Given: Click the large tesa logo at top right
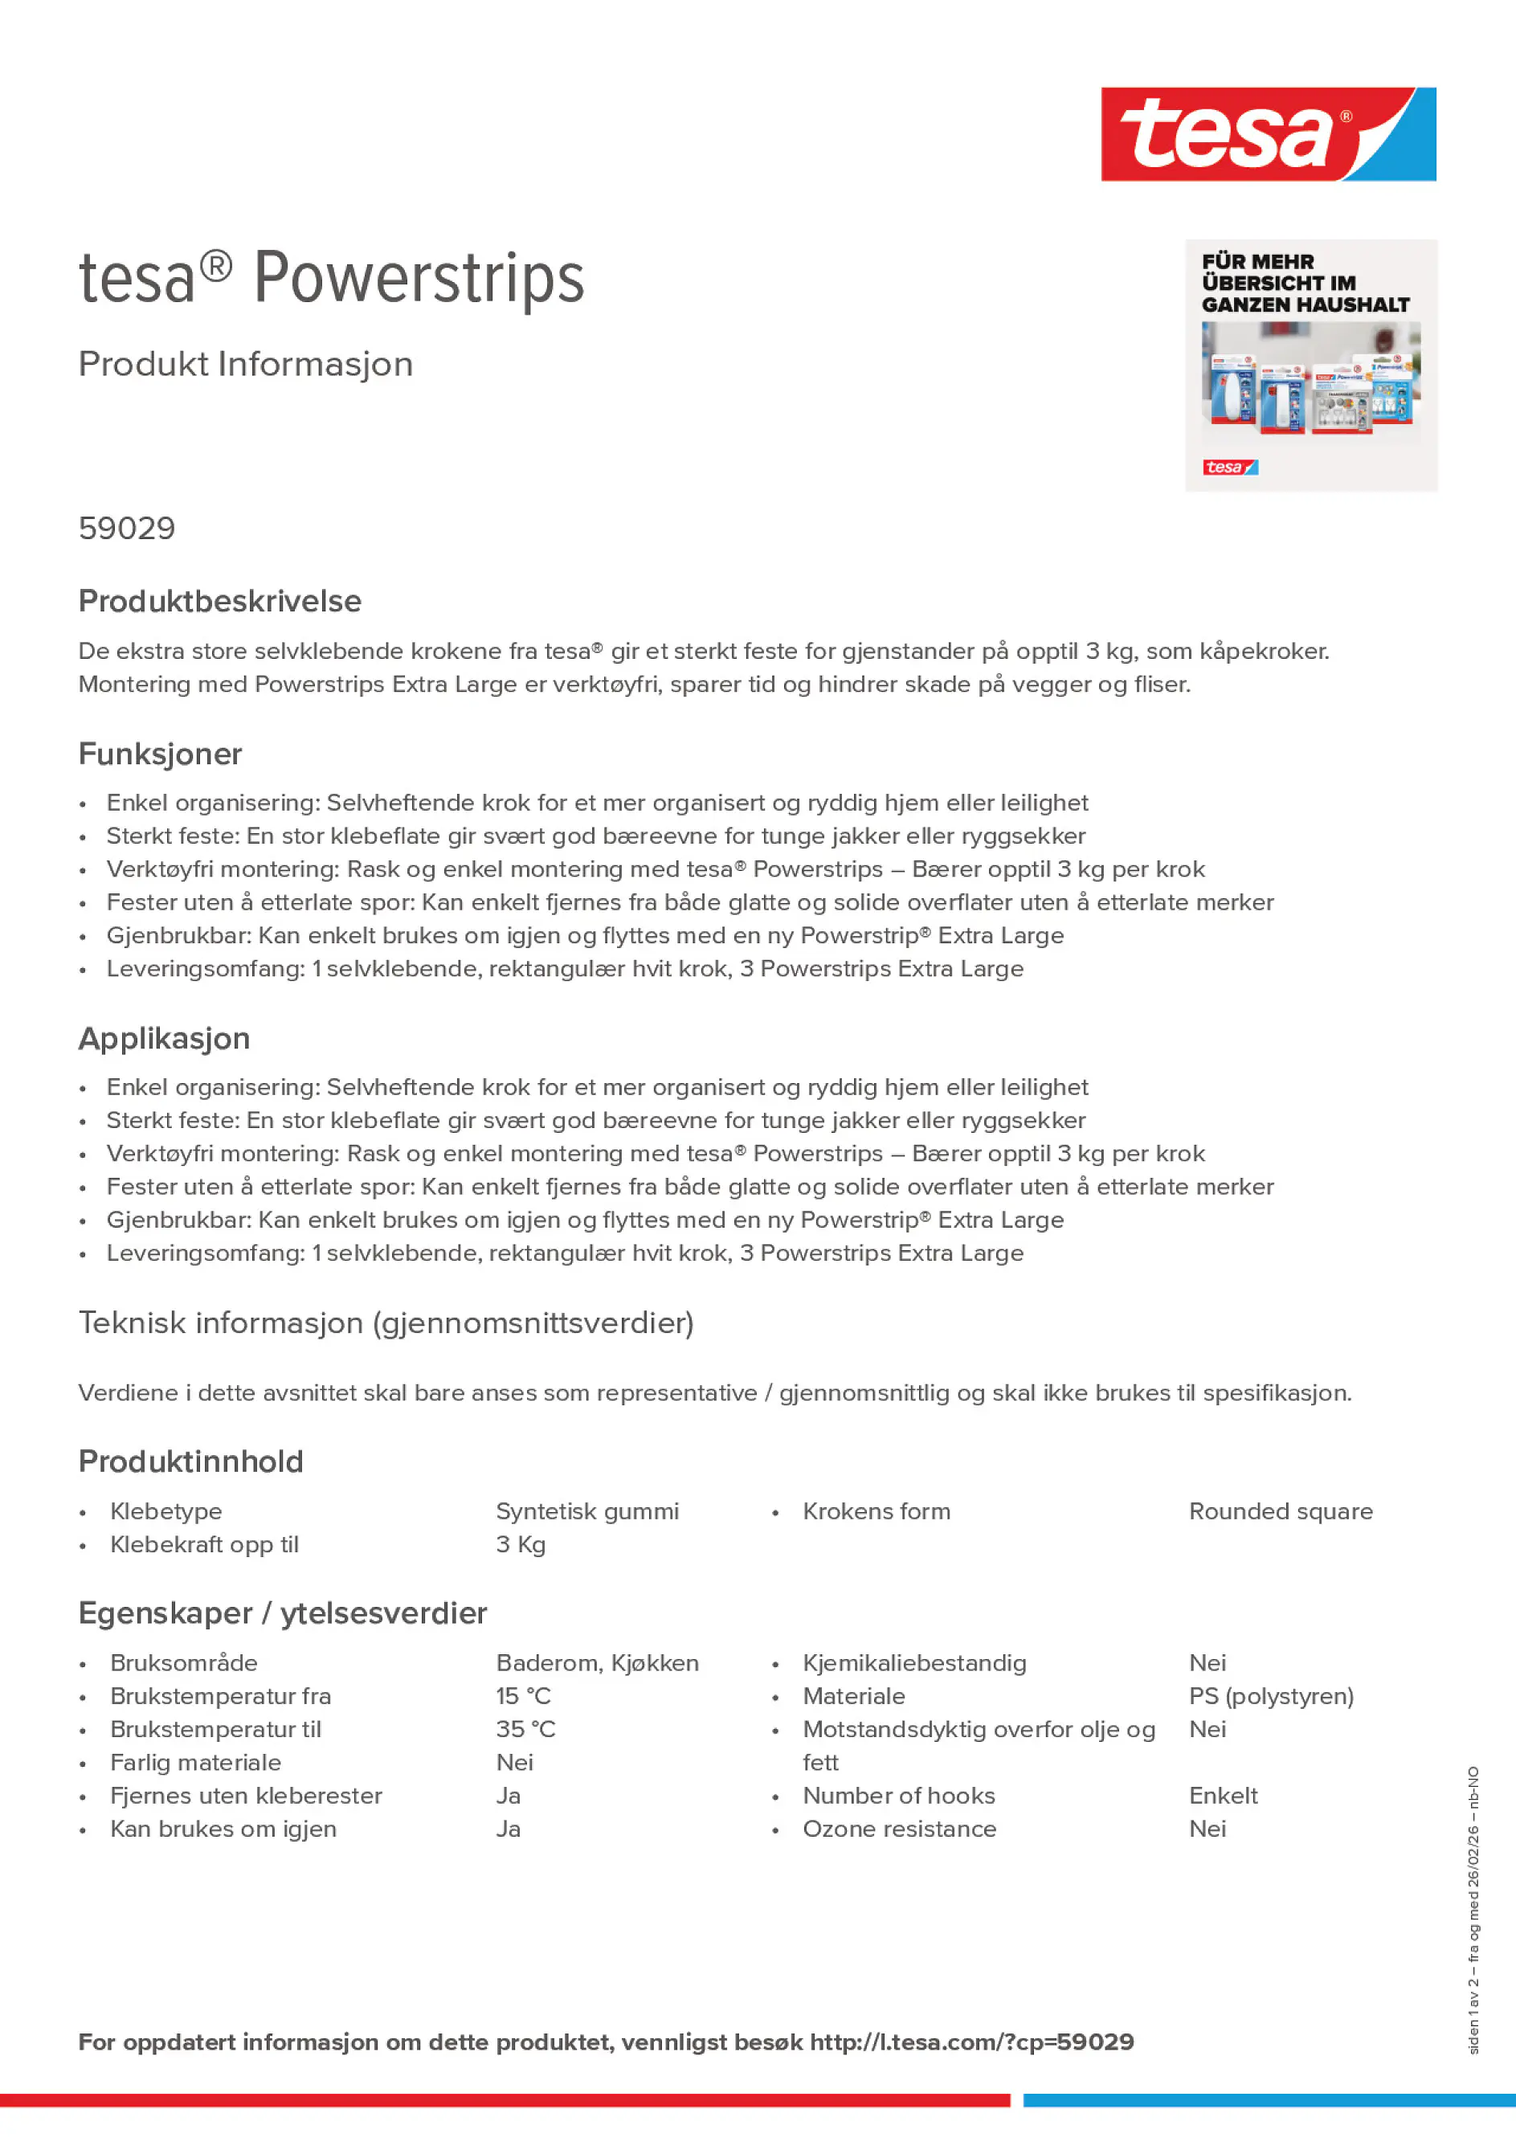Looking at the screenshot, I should [1268, 135].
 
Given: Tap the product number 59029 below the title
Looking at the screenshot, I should [127, 529].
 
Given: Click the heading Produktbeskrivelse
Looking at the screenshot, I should [219, 601].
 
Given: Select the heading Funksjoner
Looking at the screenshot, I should [160, 754].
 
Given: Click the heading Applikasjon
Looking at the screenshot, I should [165, 1038].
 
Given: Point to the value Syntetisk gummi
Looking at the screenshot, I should [587, 1511].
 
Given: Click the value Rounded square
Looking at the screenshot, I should [1281, 1511].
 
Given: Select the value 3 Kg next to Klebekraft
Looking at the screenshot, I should [521, 1544].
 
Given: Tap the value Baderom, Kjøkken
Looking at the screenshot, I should [597, 1663].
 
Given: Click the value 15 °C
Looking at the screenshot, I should [523, 1695].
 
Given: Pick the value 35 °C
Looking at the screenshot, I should [525, 1729].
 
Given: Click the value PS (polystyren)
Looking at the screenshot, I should [1271, 1695].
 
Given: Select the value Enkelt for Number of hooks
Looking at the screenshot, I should [1223, 1796].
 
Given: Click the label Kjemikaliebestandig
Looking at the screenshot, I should [914, 1663].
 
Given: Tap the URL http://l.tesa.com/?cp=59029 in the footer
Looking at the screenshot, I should [971, 2042].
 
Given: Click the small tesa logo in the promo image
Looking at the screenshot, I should [1230, 468].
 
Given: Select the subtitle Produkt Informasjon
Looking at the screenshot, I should [246, 365].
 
